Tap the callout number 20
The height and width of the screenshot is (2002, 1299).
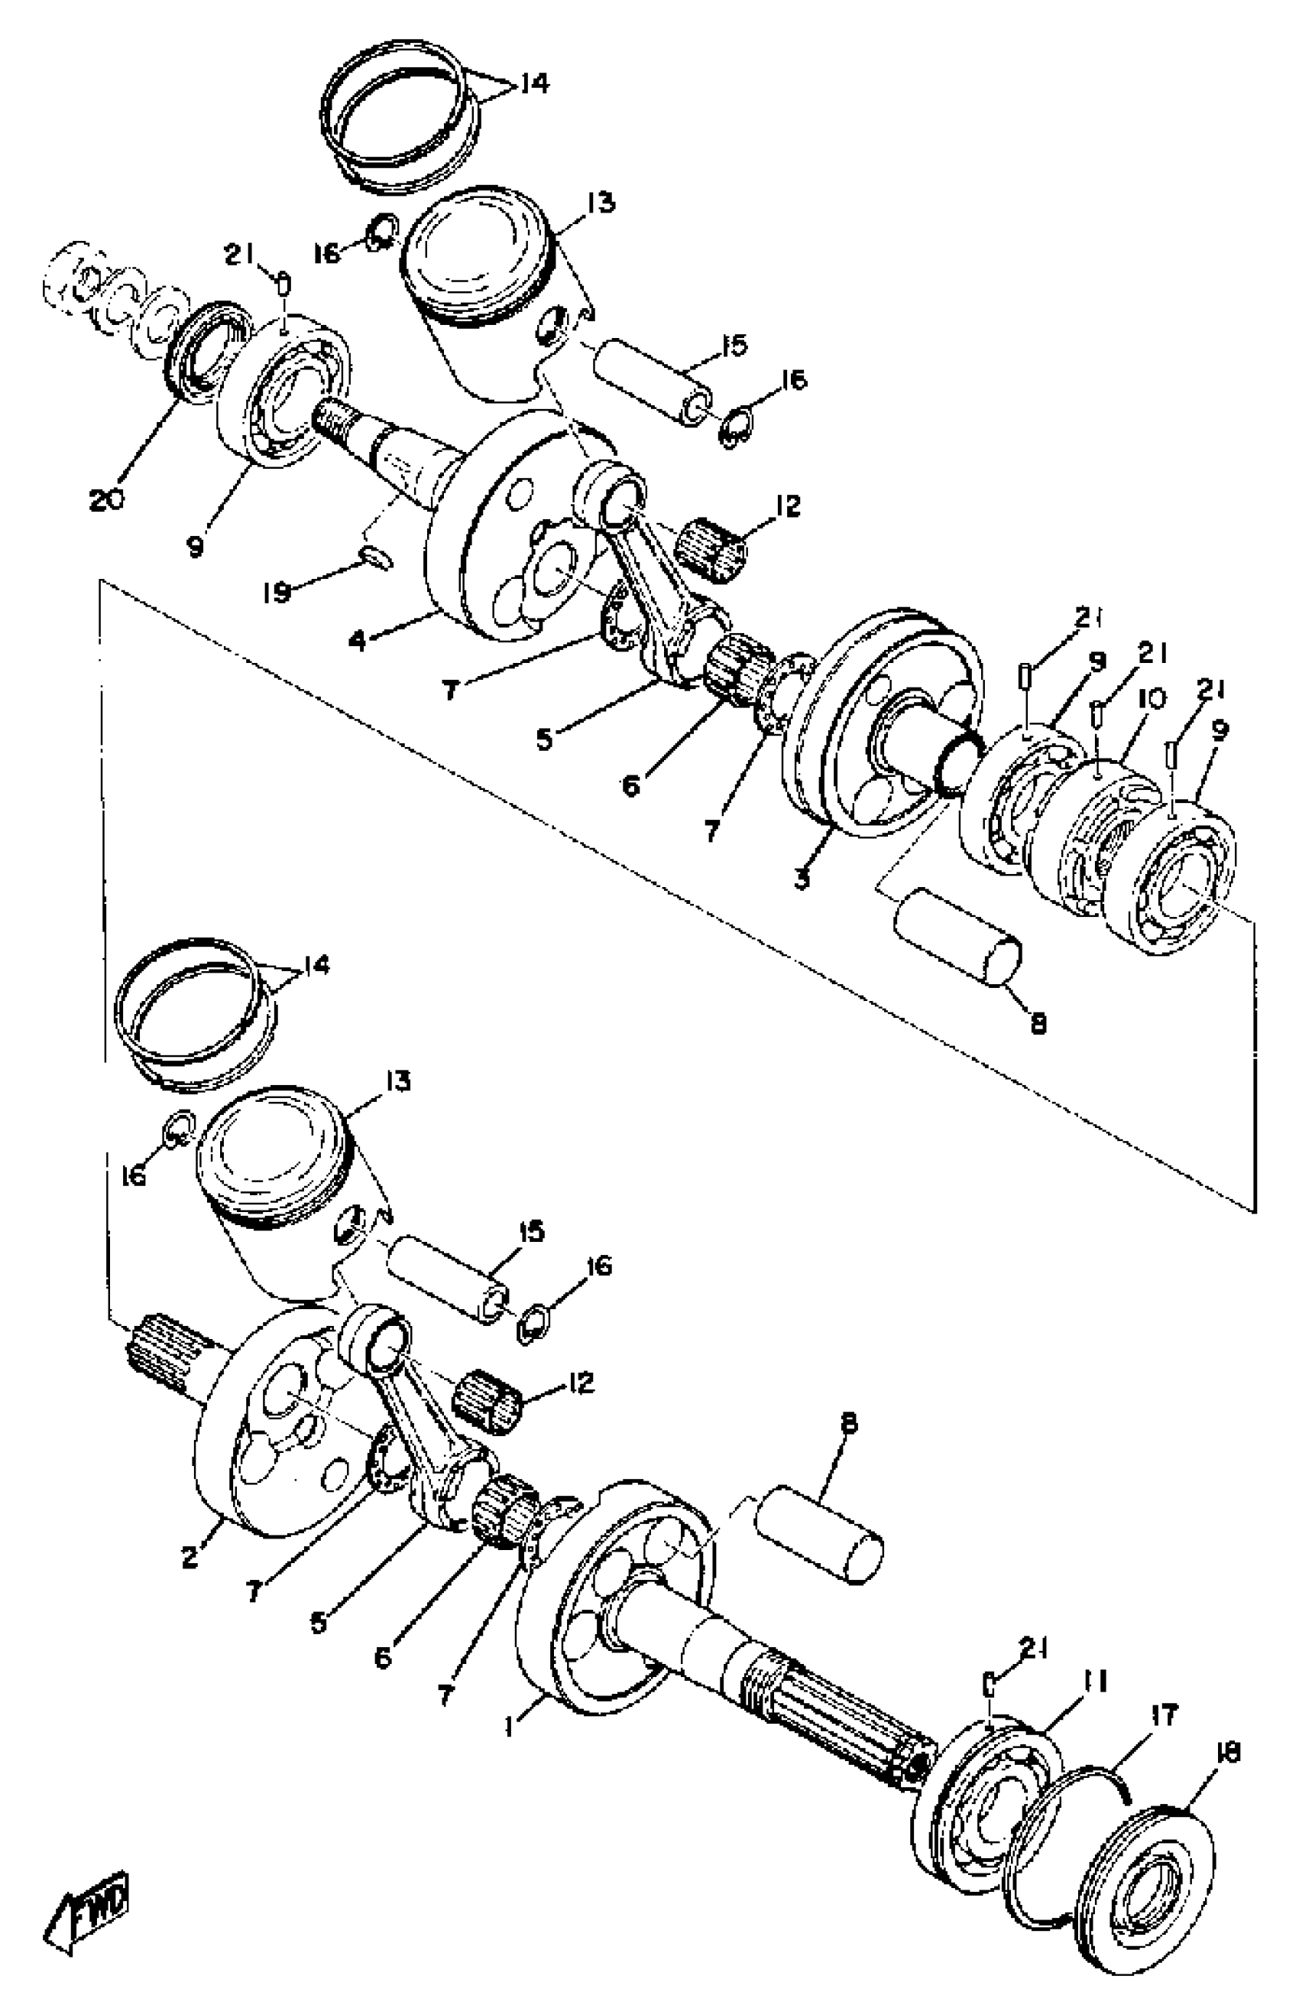(107, 499)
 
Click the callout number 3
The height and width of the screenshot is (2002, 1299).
(802, 880)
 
